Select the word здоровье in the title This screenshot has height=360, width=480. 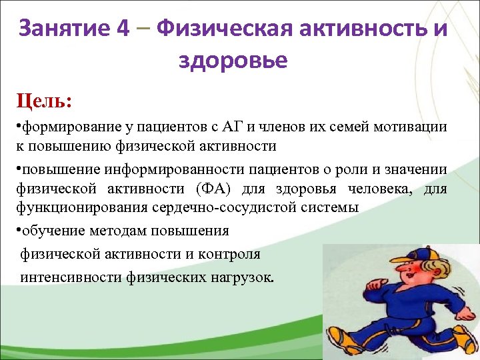[233, 61]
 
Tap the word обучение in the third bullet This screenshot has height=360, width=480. [50, 231]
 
